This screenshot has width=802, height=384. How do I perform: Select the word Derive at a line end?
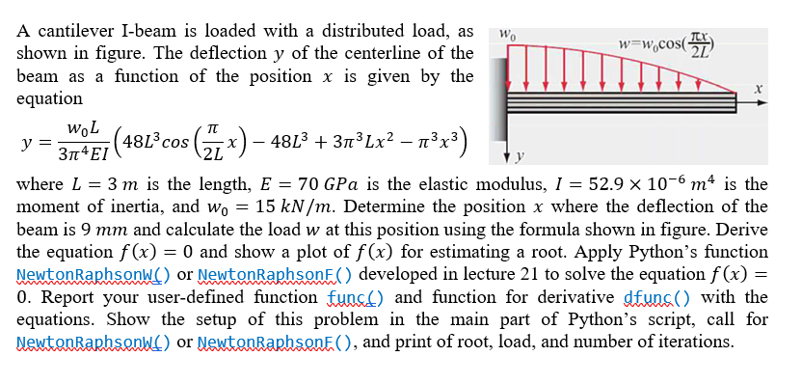[x=741, y=230]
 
